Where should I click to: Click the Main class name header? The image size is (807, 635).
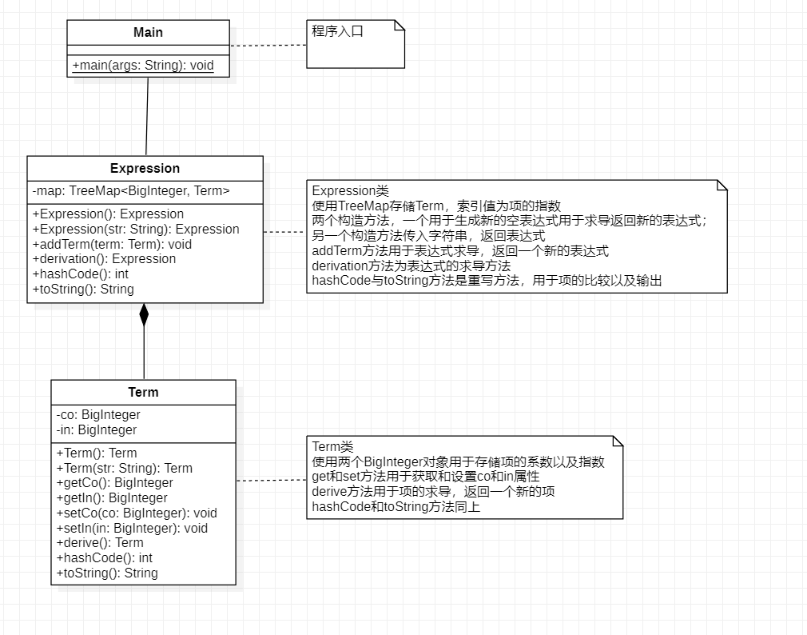[x=148, y=33]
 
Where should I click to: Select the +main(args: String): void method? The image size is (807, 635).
[x=143, y=66]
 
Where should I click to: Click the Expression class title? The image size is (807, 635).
[x=145, y=169]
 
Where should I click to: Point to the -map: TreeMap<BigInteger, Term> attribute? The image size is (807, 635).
[x=131, y=191]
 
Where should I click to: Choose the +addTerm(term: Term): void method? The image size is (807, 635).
[x=112, y=244]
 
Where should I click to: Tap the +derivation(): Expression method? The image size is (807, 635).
[x=104, y=259]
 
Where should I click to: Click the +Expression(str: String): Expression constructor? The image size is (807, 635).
[x=136, y=229]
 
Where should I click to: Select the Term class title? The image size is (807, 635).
[x=143, y=393]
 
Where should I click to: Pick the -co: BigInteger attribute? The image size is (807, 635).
[x=98, y=415]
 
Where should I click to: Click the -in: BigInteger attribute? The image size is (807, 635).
[x=97, y=430]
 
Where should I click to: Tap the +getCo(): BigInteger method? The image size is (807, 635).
[x=114, y=483]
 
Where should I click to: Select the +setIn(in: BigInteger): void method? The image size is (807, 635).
[x=132, y=529]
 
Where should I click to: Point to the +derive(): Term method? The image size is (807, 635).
[x=100, y=543]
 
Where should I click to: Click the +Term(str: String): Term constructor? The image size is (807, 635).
[x=124, y=469]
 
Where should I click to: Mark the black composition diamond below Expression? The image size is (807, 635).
[x=144, y=315]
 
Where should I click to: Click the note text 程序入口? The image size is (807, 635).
[x=337, y=32]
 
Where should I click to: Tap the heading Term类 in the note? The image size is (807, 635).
[x=332, y=447]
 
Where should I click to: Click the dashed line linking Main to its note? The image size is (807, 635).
[x=268, y=46]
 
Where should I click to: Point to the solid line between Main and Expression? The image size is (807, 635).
[x=147, y=116]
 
